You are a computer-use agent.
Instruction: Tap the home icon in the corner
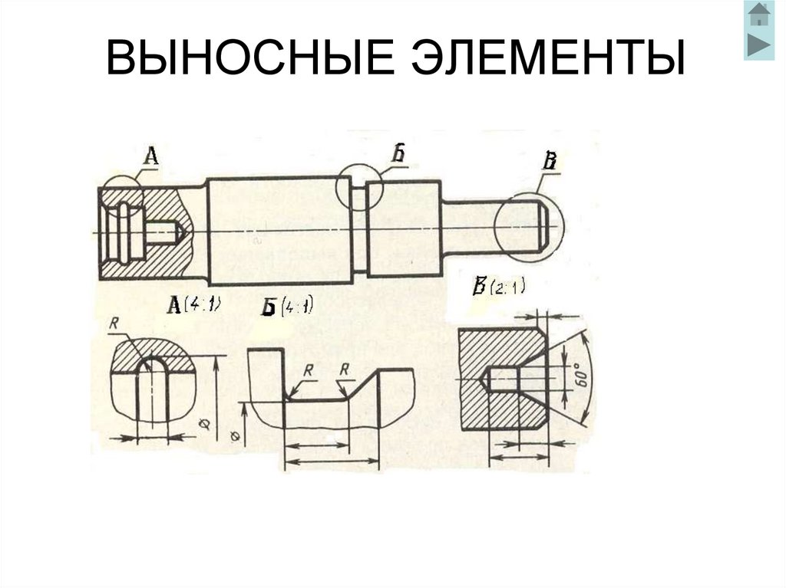point(758,15)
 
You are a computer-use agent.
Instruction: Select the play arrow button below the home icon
point(758,44)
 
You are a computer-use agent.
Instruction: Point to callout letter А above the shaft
point(151,156)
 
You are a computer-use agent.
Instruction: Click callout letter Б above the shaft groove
point(398,153)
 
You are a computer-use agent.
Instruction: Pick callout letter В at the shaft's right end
point(550,162)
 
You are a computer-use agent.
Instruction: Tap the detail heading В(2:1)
point(498,287)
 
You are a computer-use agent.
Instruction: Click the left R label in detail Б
point(308,370)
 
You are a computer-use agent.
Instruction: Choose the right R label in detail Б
point(345,370)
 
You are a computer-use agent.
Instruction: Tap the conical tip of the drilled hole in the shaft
point(180,232)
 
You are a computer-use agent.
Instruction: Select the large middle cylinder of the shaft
point(280,230)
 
